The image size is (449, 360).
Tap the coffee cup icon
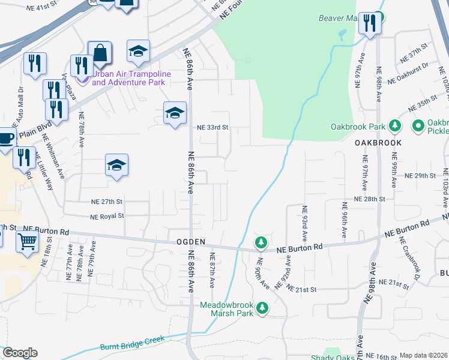pos(5,137)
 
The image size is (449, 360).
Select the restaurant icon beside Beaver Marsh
pos(369,24)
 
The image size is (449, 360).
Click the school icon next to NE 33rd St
pos(175,113)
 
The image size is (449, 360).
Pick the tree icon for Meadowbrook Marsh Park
pos(262,308)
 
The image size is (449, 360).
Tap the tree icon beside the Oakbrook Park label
pos(395,126)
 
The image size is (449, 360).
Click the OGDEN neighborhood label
pos(191,241)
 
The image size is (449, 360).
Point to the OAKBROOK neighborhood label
pos(377,143)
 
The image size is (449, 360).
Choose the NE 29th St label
pos(420,176)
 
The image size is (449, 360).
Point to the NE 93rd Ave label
pos(305,221)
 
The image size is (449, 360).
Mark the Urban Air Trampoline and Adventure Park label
pos(131,78)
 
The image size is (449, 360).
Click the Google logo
pos(20,353)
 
